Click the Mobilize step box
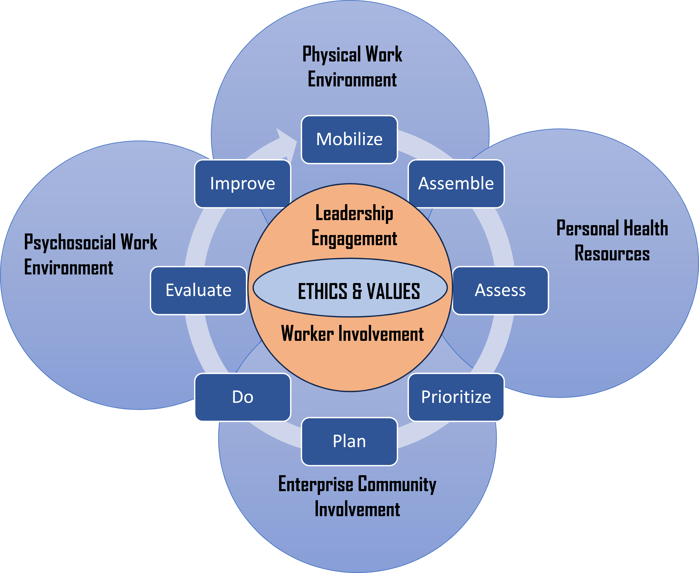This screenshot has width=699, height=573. tap(349, 139)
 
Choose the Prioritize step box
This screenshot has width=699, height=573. tap(456, 397)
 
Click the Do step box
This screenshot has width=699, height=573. tap(243, 397)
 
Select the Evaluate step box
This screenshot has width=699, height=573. tap(198, 290)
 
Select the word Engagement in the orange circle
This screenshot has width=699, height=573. tap(354, 238)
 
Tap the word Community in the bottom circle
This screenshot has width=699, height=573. tap(397, 485)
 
